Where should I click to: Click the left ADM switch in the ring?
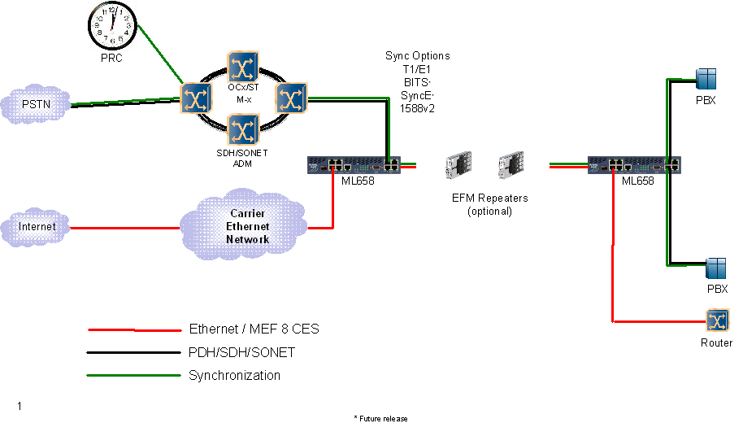pyautogui.click(x=195, y=98)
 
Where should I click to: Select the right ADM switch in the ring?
pyautogui.click(x=290, y=98)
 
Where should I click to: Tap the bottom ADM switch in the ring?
pyautogui.click(x=243, y=129)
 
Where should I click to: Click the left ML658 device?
pyautogui.click(x=354, y=165)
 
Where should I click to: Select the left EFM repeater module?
pyautogui.click(x=455, y=167)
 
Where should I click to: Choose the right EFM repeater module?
pyautogui.click(x=510, y=167)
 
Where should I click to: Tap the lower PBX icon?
pyautogui.click(x=715, y=268)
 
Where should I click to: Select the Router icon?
pyautogui.click(x=717, y=321)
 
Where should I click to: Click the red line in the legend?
pyautogui.click(x=134, y=330)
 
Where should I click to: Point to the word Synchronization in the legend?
pyautogui.click(x=234, y=376)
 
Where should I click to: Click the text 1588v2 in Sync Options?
pyautogui.click(x=417, y=107)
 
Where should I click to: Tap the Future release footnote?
pyautogui.click(x=380, y=418)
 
